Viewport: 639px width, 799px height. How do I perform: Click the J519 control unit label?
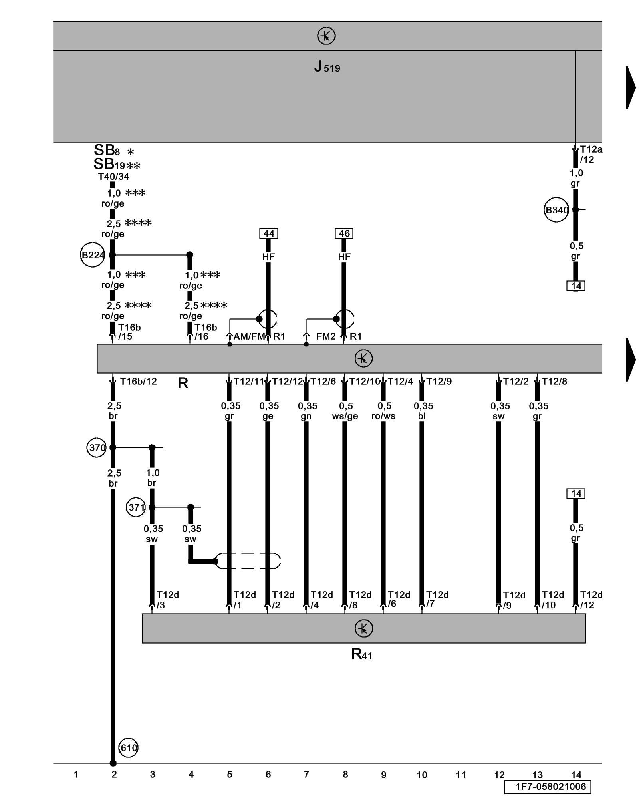coord(327,67)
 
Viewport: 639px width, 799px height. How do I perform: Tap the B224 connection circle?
coord(93,255)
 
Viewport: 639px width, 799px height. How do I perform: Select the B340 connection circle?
coord(556,210)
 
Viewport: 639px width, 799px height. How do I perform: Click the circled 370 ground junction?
coord(97,447)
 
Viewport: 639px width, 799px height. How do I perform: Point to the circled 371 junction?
coord(136,507)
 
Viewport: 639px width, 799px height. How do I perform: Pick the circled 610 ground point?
coord(128,748)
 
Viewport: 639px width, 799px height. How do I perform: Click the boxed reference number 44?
coord(269,233)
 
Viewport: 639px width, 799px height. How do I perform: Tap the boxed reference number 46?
coord(344,233)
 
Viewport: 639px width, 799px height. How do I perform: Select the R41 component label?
coord(362,654)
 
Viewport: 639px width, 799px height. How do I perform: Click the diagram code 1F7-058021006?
coord(548,787)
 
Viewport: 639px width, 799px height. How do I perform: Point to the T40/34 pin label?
coord(114,177)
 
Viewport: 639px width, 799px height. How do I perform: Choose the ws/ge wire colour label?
coord(345,416)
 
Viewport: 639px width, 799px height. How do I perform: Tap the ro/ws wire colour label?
coord(383,416)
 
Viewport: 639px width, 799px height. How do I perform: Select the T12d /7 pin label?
coord(437,600)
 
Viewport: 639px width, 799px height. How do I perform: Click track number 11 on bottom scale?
coord(461,775)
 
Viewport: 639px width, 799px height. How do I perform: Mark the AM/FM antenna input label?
coord(249,336)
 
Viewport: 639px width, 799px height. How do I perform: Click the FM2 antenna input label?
coord(326,336)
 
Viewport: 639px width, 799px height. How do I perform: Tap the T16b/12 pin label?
coord(138,382)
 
